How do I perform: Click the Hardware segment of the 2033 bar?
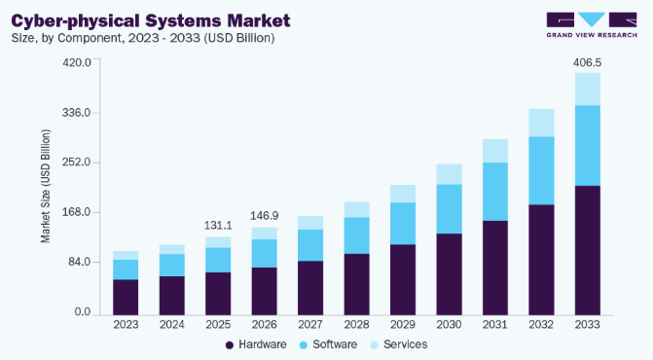click(588, 250)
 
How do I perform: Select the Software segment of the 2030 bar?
click(449, 209)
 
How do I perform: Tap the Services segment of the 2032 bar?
click(541, 123)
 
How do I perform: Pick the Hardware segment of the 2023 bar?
click(126, 297)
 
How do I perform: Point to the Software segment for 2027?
click(310, 245)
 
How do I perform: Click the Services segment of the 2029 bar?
click(403, 194)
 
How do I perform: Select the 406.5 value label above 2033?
click(587, 63)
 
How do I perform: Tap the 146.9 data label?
click(264, 216)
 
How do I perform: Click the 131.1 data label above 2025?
click(218, 226)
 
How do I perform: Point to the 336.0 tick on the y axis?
click(77, 113)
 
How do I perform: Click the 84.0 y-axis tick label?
click(79, 262)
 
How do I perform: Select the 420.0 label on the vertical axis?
click(77, 63)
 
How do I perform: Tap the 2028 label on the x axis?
click(356, 325)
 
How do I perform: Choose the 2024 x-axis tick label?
click(171, 325)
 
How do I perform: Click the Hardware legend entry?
click(256, 344)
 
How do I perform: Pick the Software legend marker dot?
click(304, 345)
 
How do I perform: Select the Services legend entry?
click(399, 344)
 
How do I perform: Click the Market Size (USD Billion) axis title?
click(46, 186)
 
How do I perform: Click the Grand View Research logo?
click(592, 25)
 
